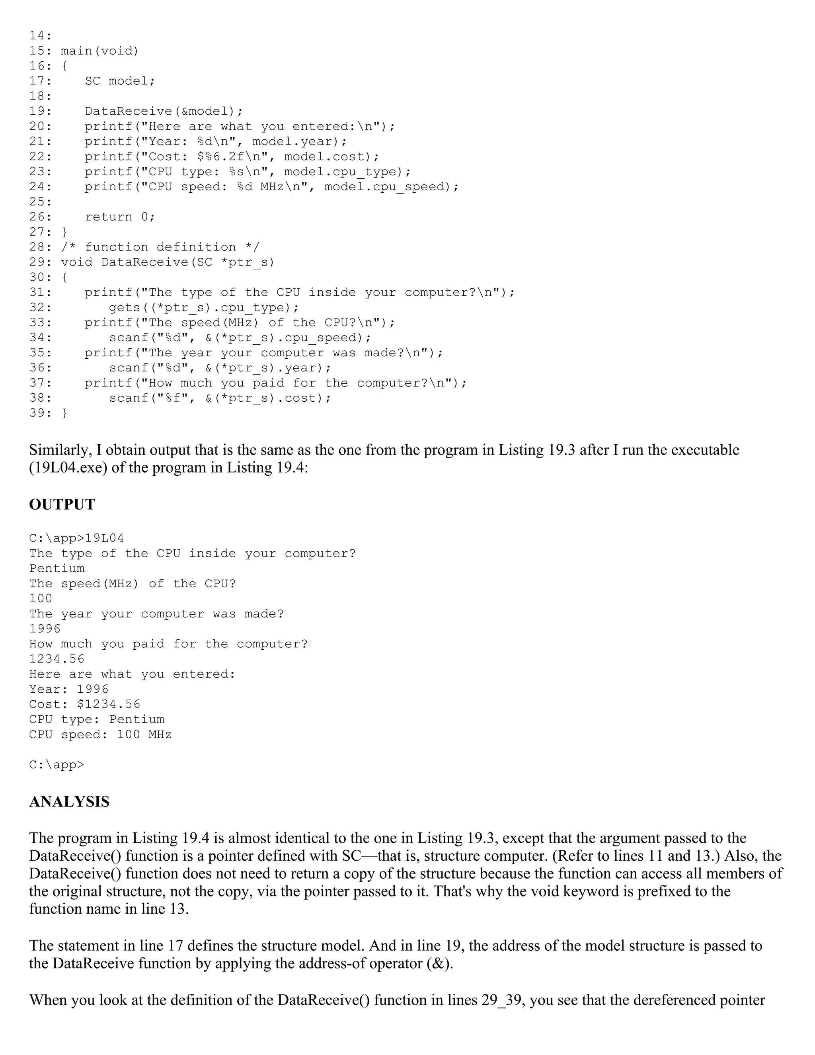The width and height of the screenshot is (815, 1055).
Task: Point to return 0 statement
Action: point(120,217)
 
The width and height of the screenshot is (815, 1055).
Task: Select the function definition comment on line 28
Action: point(160,247)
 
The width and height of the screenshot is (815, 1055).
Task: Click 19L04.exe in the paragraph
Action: point(68,468)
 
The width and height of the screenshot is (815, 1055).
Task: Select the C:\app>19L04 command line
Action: point(76,538)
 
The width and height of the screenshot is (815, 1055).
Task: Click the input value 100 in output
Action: point(41,598)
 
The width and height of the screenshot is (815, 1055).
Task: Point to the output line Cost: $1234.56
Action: point(84,704)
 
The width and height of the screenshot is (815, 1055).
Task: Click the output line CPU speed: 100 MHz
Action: point(100,735)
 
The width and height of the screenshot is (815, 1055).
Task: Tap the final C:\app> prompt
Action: point(57,765)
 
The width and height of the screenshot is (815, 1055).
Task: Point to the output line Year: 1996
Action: point(68,689)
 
